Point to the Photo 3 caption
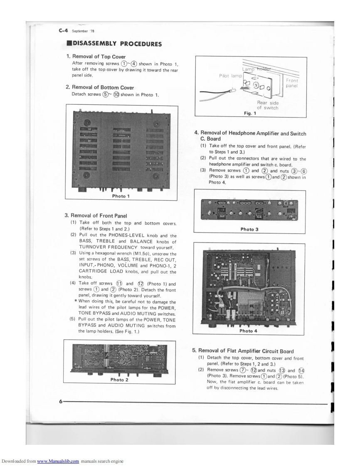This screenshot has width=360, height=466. [x=249, y=229]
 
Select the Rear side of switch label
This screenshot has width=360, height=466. [x=268, y=105]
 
